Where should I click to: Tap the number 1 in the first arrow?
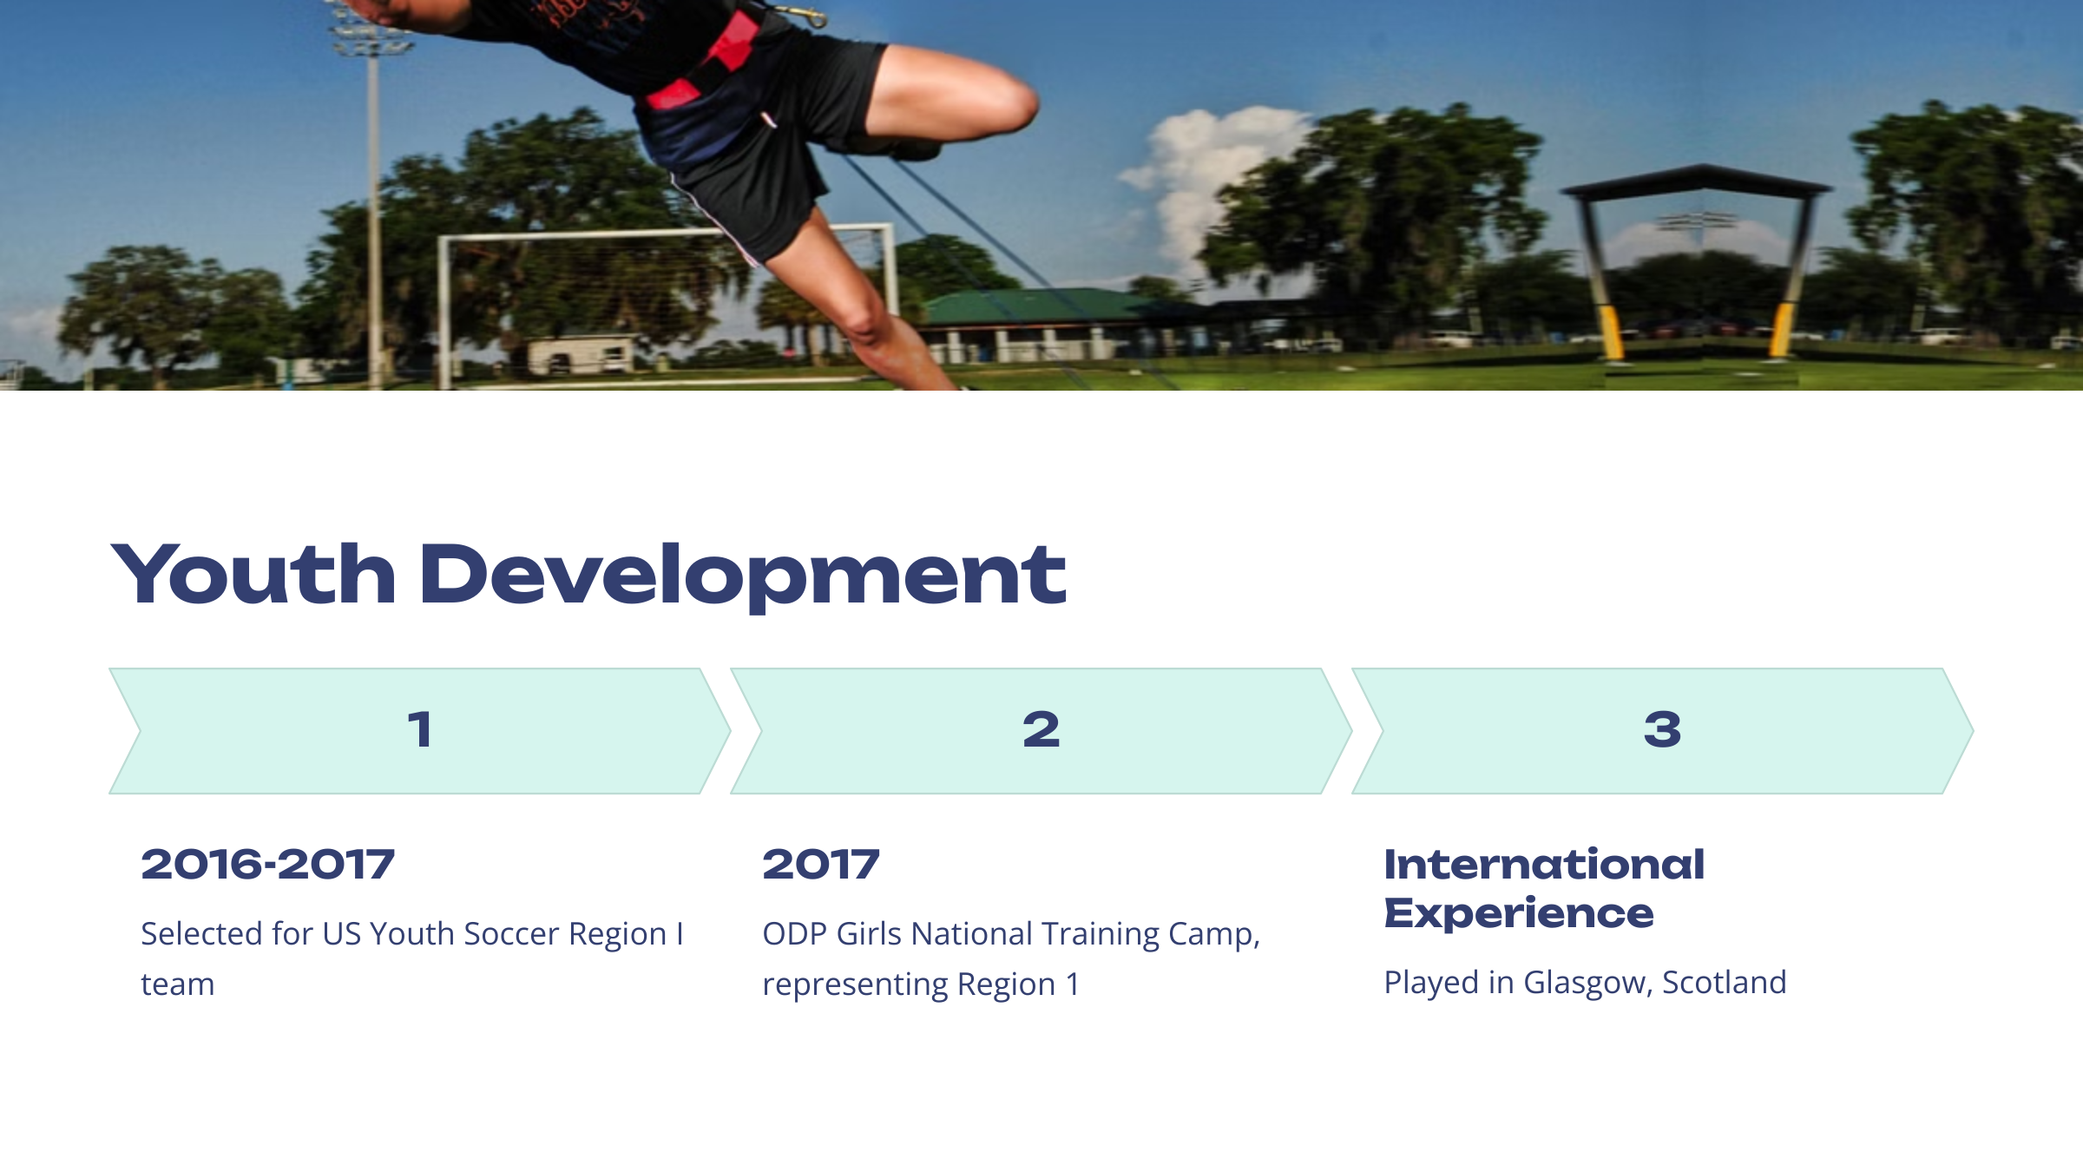coord(420,729)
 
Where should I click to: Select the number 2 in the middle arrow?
coord(1041,729)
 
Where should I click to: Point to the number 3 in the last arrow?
coord(1662,729)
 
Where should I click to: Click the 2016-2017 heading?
coord(268,865)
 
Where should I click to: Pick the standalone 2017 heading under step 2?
coord(821,865)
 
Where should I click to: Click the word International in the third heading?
coord(1544,865)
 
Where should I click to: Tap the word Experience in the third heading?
coord(1519,914)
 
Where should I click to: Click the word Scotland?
coord(1725,982)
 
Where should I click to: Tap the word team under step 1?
coord(178,985)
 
